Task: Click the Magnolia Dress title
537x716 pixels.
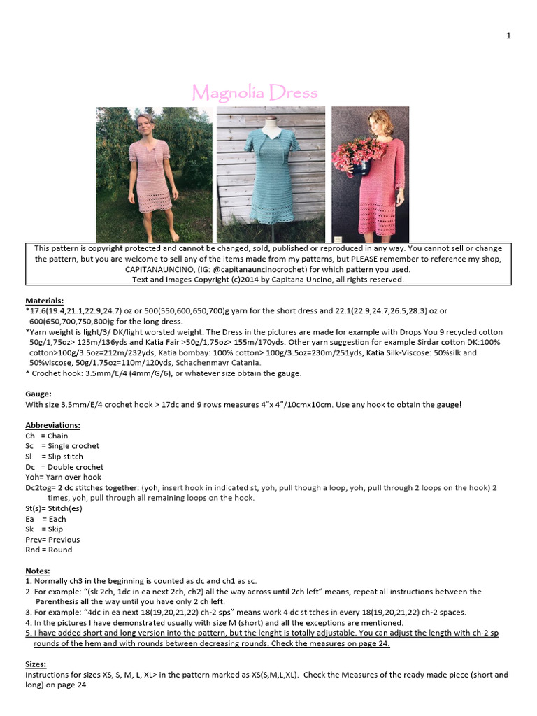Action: pyautogui.click(x=255, y=92)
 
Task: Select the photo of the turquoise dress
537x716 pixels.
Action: pyautogui.click(x=270, y=175)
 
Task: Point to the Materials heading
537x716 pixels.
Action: pyautogui.click(x=44, y=300)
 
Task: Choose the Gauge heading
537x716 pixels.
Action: pyautogui.click(x=38, y=394)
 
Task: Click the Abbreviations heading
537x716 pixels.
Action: pyautogui.click(x=52, y=424)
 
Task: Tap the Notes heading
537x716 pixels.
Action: pyautogui.click(x=38, y=571)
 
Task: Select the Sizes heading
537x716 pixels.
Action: pyautogui.click(x=37, y=664)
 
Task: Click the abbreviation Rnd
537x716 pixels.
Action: pyautogui.click(x=32, y=550)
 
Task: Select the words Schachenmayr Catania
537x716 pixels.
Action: pyautogui.click(x=218, y=362)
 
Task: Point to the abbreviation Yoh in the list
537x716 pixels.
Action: pyautogui.click(x=32, y=477)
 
